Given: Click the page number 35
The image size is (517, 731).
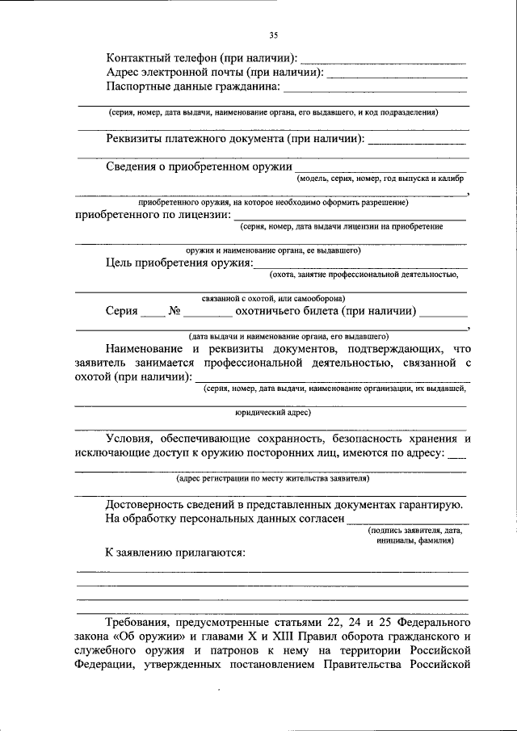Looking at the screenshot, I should (273, 34).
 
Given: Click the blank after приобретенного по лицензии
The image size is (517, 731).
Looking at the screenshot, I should (349, 218).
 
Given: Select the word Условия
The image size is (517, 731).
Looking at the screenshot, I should (132, 439).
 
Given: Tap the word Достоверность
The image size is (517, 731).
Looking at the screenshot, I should (152, 504).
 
